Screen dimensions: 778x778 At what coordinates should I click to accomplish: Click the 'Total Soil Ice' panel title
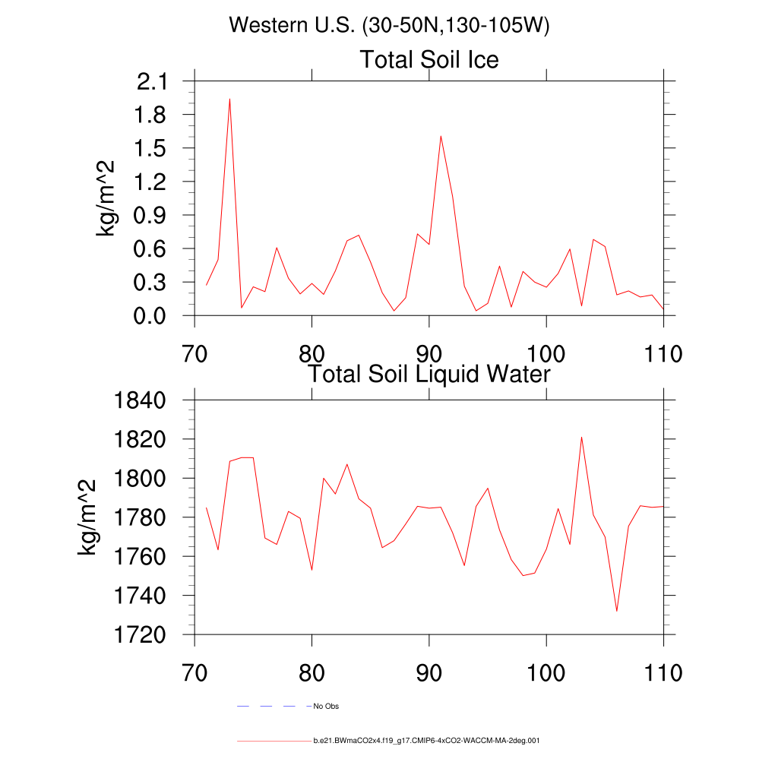tap(429, 59)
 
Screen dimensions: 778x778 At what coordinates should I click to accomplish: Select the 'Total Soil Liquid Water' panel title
tap(429, 374)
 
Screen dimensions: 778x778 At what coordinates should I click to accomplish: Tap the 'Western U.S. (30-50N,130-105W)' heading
tap(389, 25)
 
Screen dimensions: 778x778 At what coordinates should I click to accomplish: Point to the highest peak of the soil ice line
tap(229, 99)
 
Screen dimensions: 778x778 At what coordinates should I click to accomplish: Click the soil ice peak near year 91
tap(441, 136)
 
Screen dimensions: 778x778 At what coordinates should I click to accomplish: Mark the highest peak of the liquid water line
tap(581, 437)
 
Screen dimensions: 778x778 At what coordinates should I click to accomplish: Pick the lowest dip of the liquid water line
tap(616, 611)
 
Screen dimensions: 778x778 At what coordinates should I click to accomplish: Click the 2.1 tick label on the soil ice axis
tap(153, 81)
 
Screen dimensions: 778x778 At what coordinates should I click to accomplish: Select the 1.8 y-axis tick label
tap(153, 115)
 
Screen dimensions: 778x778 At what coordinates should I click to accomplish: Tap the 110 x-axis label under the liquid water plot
tap(663, 672)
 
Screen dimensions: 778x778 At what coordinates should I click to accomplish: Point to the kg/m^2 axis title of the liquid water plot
tap(88, 517)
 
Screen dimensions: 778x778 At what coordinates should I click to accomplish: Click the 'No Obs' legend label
tap(326, 707)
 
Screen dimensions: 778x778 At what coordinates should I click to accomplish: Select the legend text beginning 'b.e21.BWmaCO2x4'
tap(426, 739)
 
